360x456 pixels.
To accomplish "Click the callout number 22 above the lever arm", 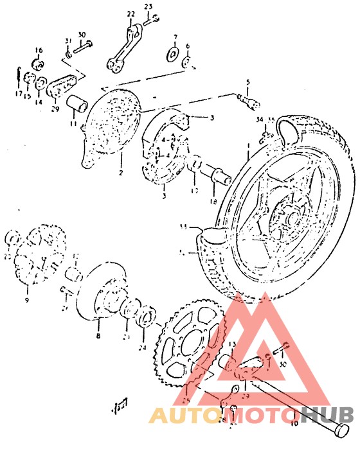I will pyautogui.click(x=131, y=13).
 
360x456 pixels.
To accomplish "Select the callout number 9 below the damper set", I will pyautogui.click(x=27, y=300).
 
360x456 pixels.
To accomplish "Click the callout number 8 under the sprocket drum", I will pyautogui.click(x=98, y=335).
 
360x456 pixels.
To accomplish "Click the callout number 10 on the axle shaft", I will pyautogui.click(x=294, y=424).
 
